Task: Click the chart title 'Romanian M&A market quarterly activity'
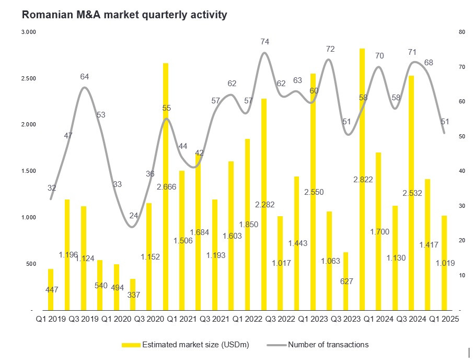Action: pos(124,15)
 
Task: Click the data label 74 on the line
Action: pos(264,41)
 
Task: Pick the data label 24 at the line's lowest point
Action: pos(134,216)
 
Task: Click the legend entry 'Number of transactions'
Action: pos(328,345)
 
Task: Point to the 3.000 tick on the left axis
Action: pos(28,32)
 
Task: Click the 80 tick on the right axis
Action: pos(461,32)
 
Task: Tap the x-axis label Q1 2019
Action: pos(50,319)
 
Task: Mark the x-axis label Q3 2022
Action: pos(280,319)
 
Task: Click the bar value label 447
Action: pos(52,289)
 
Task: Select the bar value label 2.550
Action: pos(313,192)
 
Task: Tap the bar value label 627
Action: pos(346,281)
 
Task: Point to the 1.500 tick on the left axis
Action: pos(28,171)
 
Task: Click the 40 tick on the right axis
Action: pos(461,171)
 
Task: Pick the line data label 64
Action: pos(85,77)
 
